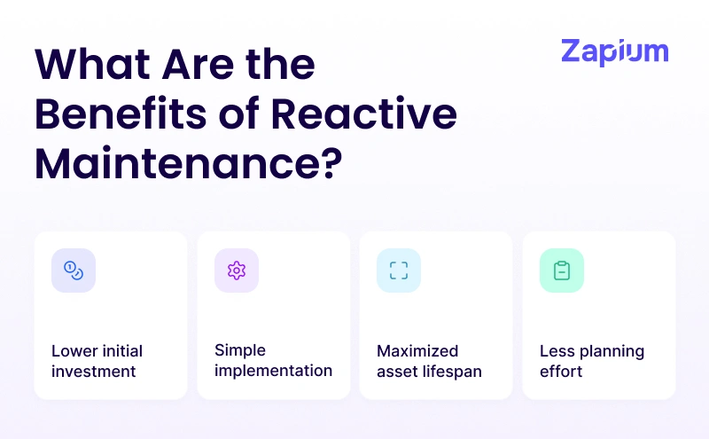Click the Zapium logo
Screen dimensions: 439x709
tap(614, 51)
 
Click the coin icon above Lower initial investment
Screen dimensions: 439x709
tap(74, 270)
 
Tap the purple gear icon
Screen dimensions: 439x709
tap(236, 270)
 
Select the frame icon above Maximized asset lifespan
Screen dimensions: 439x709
tap(399, 270)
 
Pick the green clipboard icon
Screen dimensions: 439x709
tap(561, 270)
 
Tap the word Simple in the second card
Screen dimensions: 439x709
tap(240, 350)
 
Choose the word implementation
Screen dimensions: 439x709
tap(273, 370)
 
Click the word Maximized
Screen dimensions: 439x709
tap(417, 351)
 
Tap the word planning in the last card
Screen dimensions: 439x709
tap(611, 351)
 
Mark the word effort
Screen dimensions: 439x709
tap(561, 371)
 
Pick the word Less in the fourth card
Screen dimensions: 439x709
tap(557, 351)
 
